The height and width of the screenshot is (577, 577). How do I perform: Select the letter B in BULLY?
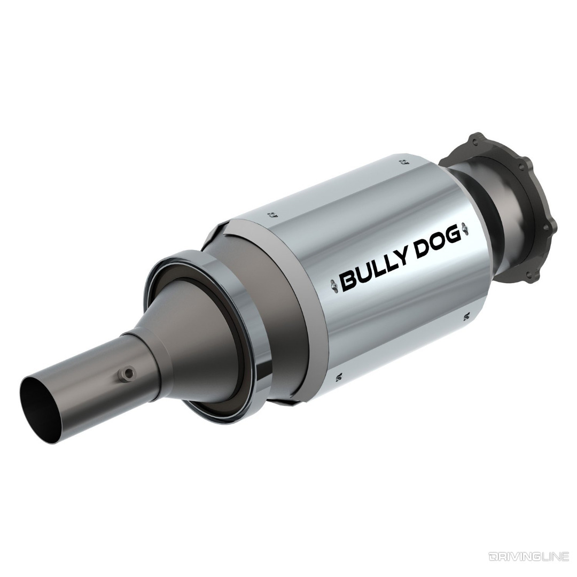point(348,280)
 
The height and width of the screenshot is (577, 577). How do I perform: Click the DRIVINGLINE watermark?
point(528,557)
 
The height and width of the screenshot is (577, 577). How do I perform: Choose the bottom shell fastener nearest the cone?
point(338,378)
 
